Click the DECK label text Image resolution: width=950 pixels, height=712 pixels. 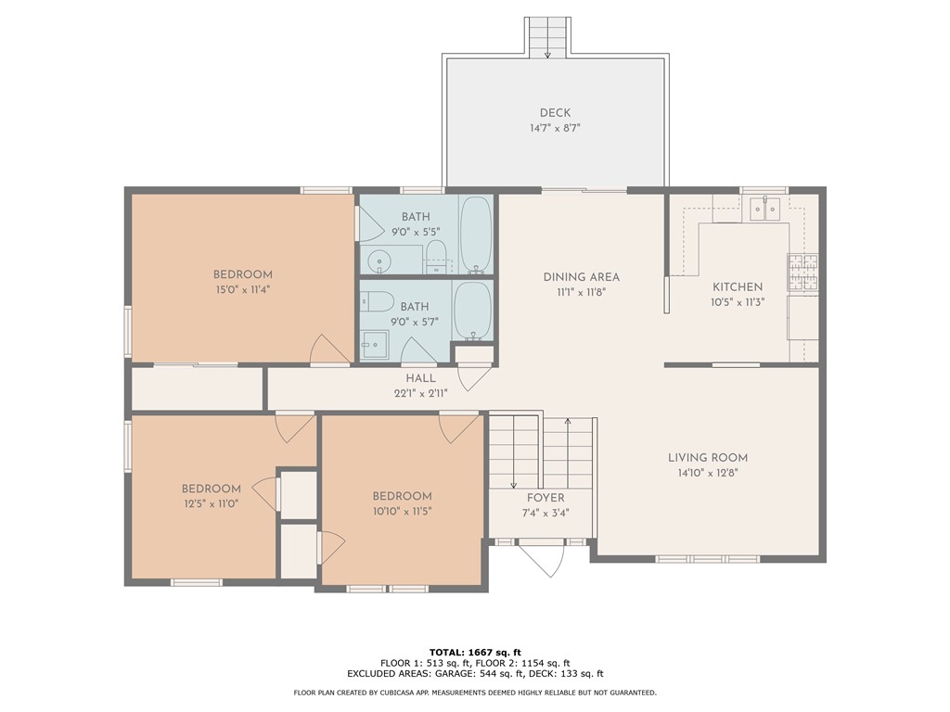(555, 113)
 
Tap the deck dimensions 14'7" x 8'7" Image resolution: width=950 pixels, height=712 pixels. (555, 129)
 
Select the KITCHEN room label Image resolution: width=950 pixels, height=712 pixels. (738, 287)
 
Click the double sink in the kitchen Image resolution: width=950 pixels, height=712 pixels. (765, 210)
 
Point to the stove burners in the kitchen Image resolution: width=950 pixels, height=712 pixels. (802, 273)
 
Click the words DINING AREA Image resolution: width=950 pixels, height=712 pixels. (581, 276)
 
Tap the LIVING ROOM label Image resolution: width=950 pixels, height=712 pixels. (708, 457)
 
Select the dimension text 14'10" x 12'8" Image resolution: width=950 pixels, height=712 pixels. (708, 473)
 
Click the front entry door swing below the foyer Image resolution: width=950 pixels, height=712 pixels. (541, 560)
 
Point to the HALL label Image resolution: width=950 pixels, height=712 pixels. (420, 378)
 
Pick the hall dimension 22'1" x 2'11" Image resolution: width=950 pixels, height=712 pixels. (420, 393)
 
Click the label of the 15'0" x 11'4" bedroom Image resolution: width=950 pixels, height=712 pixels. (243, 274)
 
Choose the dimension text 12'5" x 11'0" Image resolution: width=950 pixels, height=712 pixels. (211, 504)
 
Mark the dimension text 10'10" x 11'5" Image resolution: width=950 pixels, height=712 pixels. (402, 511)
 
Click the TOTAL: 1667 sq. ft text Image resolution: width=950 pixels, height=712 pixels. (475, 651)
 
